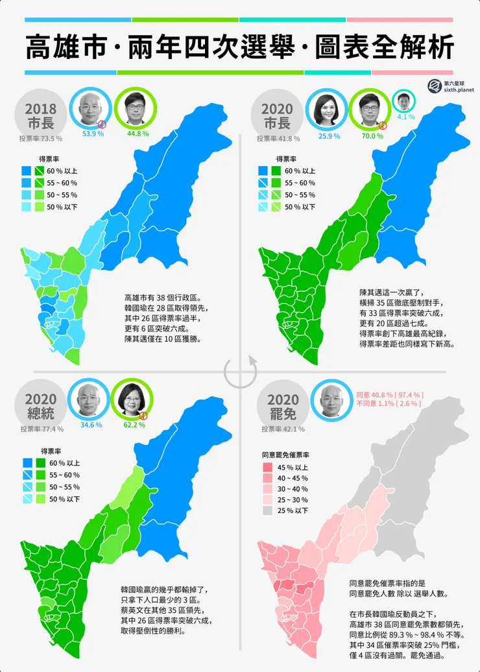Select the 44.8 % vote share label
click(x=138, y=134)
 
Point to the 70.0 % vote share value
click(x=373, y=136)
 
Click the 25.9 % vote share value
click(x=330, y=136)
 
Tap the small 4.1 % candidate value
click(x=406, y=117)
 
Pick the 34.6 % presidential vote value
click(x=91, y=425)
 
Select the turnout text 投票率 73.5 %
click(x=41, y=138)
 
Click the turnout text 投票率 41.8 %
click(x=277, y=138)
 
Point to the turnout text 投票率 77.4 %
click(x=41, y=429)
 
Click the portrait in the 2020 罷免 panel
click(x=332, y=401)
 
